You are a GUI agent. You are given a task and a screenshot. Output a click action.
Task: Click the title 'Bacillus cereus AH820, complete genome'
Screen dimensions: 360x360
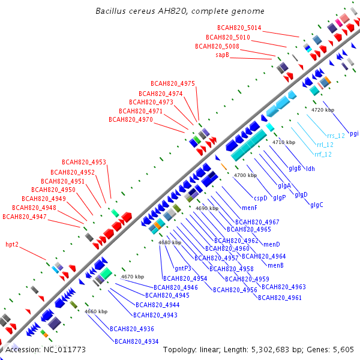pyautogui.click(x=180, y=11)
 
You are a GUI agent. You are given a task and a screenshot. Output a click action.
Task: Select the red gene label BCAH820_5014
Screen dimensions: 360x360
pyautogui.click(x=239, y=28)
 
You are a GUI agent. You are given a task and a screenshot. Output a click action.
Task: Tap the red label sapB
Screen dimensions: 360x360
pyautogui.click(x=222, y=55)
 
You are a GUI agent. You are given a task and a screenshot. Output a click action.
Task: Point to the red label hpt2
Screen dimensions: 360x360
pyautogui.click(x=12, y=244)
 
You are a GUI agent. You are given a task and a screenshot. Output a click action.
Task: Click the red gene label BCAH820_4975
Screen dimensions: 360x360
pyautogui.click(x=173, y=83)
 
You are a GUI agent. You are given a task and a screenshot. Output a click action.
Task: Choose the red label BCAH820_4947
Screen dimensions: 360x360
pyautogui.click(x=25, y=217)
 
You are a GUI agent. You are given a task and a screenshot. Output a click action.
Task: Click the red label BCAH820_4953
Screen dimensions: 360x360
pyautogui.click(x=84, y=162)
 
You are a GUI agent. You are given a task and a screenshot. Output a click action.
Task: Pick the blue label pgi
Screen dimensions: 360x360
pyautogui.click(x=354, y=134)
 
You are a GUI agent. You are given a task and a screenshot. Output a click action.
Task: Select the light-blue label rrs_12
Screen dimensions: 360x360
pyautogui.click(x=336, y=136)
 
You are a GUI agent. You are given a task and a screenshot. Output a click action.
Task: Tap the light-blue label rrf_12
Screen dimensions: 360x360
pyautogui.click(x=323, y=154)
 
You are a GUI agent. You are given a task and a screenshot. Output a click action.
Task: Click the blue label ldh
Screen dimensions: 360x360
pyautogui.click(x=310, y=169)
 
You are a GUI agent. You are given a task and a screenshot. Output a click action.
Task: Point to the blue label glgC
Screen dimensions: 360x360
pyautogui.click(x=317, y=205)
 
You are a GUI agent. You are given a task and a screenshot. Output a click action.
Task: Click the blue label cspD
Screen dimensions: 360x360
pyautogui.click(x=260, y=198)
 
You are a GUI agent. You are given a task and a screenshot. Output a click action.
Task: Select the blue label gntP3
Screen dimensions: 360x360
pyautogui.click(x=183, y=268)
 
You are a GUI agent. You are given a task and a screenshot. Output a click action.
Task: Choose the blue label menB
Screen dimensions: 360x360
pyautogui.click(x=275, y=265)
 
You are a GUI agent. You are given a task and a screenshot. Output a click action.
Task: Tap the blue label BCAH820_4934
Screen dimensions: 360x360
pyautogui.click(x=137, y=341)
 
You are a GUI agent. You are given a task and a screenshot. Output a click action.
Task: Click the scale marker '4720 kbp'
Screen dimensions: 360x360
pyautogui.click(x=323, y=110)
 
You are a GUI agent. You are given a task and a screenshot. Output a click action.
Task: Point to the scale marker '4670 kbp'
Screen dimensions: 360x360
pyautogui.click(x=133, y=277)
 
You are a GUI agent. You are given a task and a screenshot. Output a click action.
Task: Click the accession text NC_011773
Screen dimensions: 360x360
pyautogui.click(x=65, y=350)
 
